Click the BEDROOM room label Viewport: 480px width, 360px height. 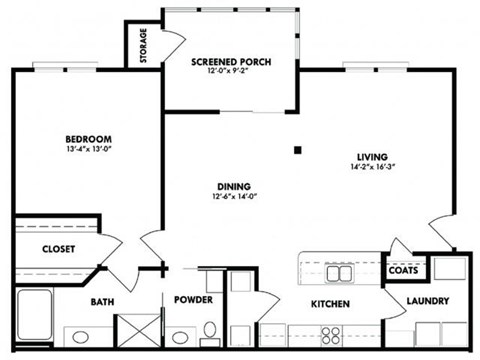click(88, 139)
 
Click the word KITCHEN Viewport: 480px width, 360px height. click(331, 303)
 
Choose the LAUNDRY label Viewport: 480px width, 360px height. click(427, 301)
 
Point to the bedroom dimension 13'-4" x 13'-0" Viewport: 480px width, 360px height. click(88, 150)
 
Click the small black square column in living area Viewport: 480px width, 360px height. click(298, 150)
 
